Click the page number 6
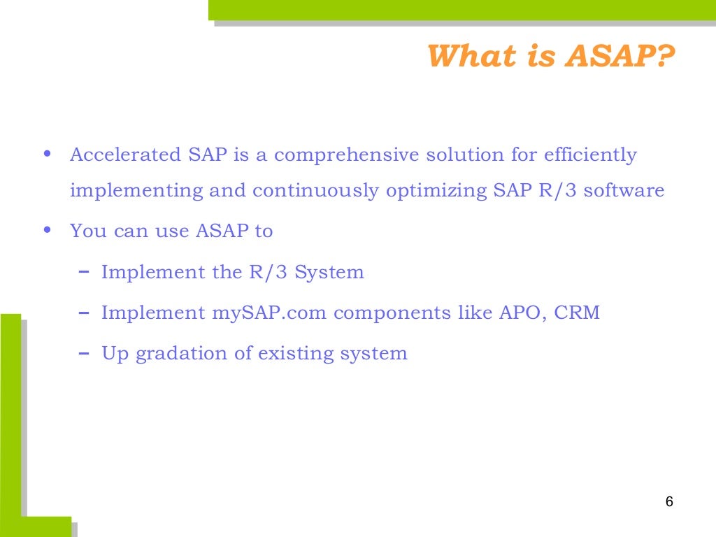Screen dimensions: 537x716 click(x=669, y=502)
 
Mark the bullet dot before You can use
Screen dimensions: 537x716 click(x=47, y=230)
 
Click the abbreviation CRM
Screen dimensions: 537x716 click(x=577, y=313)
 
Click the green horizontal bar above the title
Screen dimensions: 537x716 click(x=461, y=10)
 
